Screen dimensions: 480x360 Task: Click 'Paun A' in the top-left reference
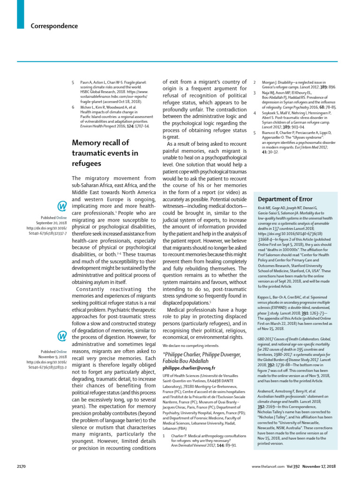pyautogui.click(x=85, y=82)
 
